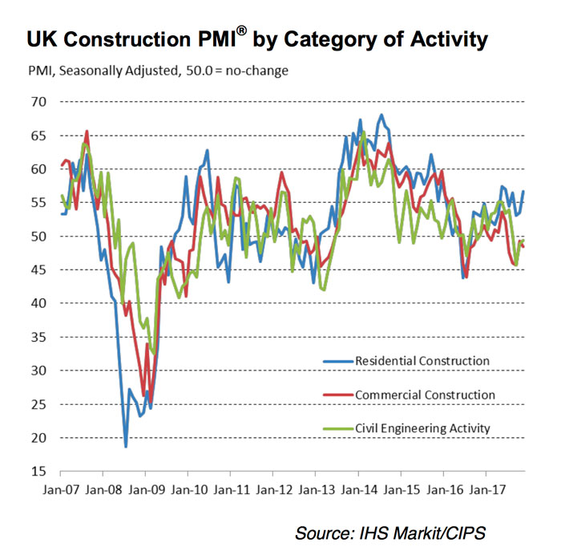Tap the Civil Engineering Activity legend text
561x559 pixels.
point(422,428)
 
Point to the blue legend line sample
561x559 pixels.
point(337,361)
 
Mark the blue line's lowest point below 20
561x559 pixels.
point(126,446)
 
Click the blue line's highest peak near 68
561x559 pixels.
point(381,115)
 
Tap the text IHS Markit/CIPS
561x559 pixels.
point(434,533)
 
